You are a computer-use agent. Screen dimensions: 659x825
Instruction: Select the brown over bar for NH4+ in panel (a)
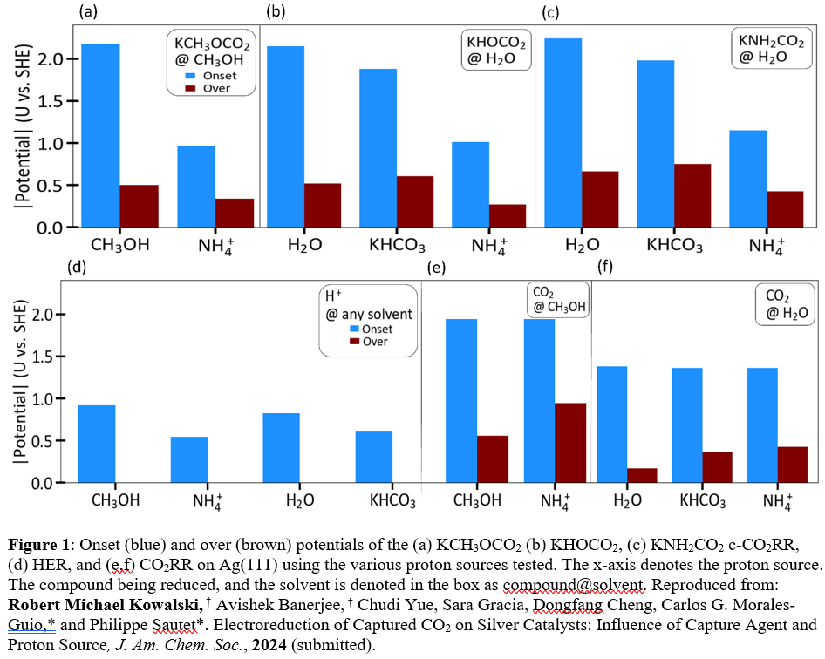click(x=210, y=213)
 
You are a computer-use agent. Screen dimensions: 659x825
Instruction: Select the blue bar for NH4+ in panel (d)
click(x=188, y=459)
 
